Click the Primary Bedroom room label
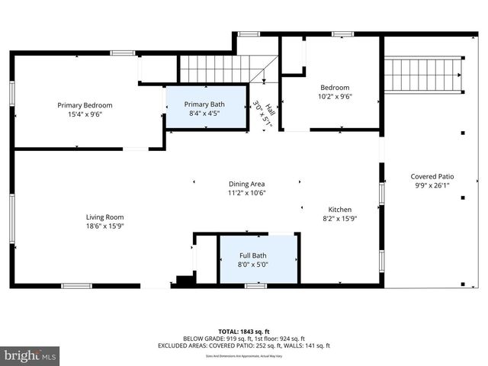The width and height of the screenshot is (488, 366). coord(85,105)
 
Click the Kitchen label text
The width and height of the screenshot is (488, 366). coord(340,209)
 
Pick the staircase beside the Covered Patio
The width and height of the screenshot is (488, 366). coord(422,74)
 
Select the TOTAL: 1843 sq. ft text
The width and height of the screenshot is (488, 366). coord(243,330)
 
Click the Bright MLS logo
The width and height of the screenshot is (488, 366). coord(30,355)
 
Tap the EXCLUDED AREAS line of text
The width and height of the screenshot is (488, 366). coord(243,345)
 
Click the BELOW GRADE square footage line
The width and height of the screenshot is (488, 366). coord(243,338)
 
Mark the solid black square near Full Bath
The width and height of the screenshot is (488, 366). coord(182,281)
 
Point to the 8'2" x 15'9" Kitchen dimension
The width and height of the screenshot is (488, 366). coord(340,218)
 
